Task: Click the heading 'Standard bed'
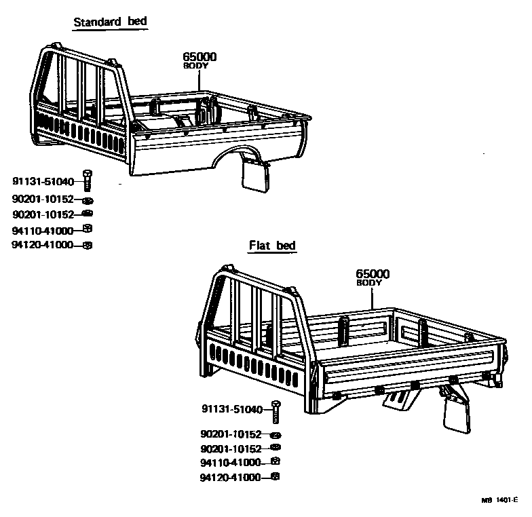110,22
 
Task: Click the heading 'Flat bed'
273,246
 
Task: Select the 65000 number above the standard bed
199,57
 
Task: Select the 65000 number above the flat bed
373,273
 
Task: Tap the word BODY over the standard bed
195,66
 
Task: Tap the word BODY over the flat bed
369,282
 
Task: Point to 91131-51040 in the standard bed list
43,181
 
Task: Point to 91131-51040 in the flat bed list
231,408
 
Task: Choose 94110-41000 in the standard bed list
42,230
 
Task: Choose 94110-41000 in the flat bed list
231,462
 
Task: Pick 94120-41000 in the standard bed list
42,245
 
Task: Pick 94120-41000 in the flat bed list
231,477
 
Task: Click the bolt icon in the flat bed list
275,409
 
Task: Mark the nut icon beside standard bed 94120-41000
87,245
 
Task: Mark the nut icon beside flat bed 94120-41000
275,477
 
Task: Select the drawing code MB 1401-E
500,501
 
